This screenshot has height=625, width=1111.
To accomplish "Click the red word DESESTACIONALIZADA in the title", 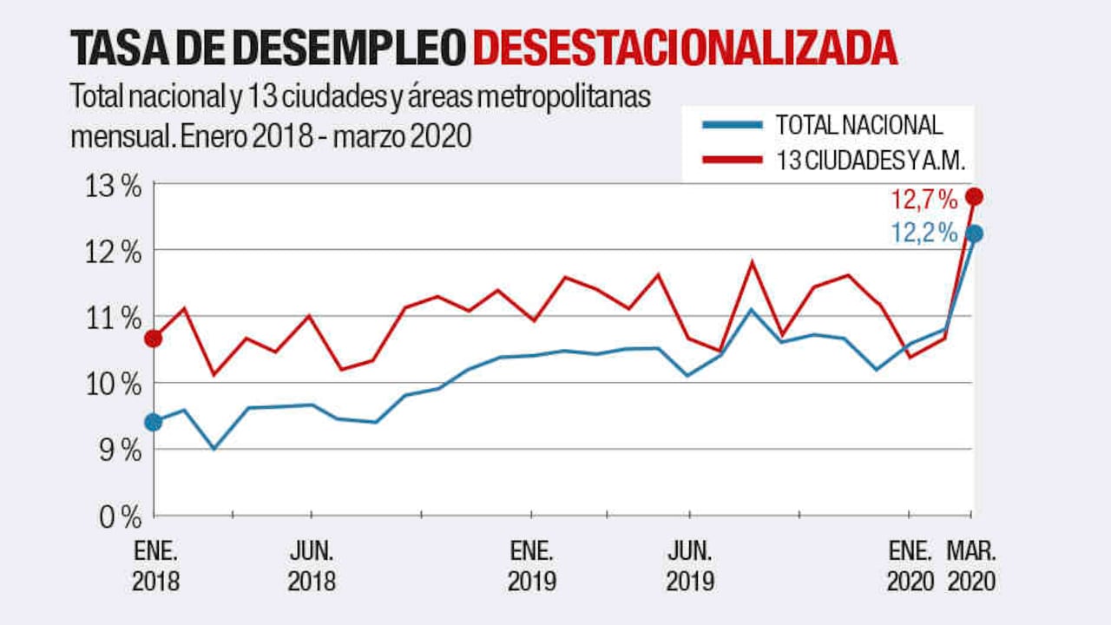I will click(x=685, y=48).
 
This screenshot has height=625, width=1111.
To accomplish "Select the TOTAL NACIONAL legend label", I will click(x=858, y=125).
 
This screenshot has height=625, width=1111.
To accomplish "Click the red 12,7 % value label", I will click(x=924, y=201).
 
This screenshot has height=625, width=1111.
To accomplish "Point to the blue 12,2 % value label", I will click(x=924, y=234).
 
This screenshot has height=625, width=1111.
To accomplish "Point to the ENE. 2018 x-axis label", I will click(x=156, y=566).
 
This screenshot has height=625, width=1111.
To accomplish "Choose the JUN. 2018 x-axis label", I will click(x=311, y=566).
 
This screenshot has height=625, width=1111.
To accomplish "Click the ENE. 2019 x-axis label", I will click(x=532, y=566).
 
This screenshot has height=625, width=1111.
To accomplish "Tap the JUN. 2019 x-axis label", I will click(x=690, y=566).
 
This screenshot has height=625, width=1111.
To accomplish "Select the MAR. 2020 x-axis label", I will click(x=971, y=566).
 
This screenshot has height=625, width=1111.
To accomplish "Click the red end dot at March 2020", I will click(x=974, y=196).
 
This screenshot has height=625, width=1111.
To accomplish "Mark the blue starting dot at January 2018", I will click(x=154, y=422).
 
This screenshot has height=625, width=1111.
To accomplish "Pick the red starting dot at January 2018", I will click(x=154, y=339).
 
